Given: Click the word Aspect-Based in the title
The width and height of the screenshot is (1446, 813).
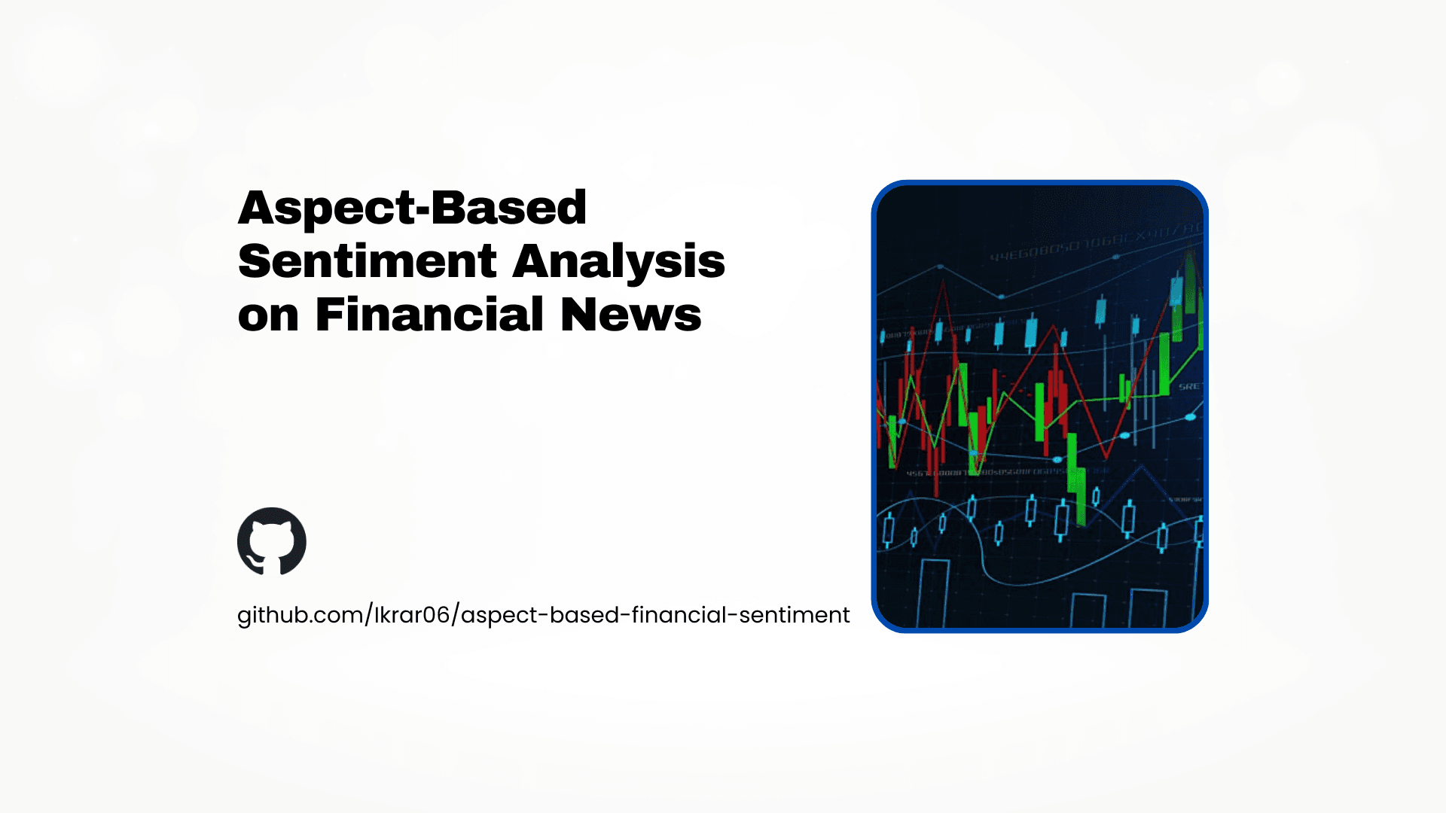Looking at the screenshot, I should (412, 208).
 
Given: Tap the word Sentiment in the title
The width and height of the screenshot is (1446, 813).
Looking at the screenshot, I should (367, 261).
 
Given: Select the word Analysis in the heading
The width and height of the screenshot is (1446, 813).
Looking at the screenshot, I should (619, 261).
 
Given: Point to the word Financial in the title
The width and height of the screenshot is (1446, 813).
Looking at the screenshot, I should (429, 315).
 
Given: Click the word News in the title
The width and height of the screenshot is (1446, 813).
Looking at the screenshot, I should (631, 315).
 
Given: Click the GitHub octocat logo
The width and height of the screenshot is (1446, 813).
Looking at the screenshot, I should (272, 541).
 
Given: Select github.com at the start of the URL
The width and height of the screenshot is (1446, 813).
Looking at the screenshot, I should (300, 615).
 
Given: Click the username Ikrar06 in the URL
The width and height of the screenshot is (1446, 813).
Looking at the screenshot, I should (412, 615).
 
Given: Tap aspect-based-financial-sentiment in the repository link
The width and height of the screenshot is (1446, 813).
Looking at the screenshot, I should (655, 615).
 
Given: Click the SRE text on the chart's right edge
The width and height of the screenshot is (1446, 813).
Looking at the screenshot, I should (1190, 386).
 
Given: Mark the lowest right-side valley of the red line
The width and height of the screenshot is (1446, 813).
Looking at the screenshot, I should (1106, 457).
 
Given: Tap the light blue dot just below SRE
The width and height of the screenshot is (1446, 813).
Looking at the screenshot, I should (1191, 416).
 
